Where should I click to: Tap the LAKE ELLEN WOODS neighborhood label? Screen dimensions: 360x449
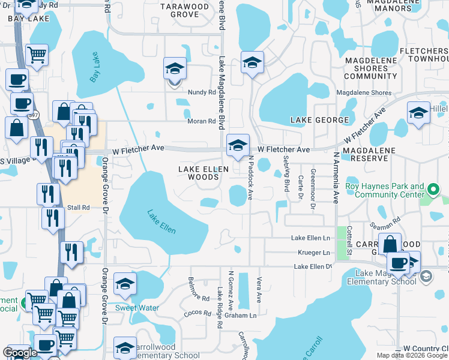pos(203,173)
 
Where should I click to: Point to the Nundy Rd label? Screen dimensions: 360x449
pos(201,92)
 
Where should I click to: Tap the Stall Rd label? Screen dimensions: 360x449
pos(78,208)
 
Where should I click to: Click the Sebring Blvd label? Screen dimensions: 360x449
pos(285,173)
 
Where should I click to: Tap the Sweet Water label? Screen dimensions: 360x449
pos(137,308)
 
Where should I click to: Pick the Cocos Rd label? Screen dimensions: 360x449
pos(196,313)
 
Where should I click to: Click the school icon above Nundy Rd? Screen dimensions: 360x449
pos(175,68)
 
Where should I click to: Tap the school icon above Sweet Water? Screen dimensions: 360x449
pos(125,284)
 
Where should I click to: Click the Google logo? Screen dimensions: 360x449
pos(20,353)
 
